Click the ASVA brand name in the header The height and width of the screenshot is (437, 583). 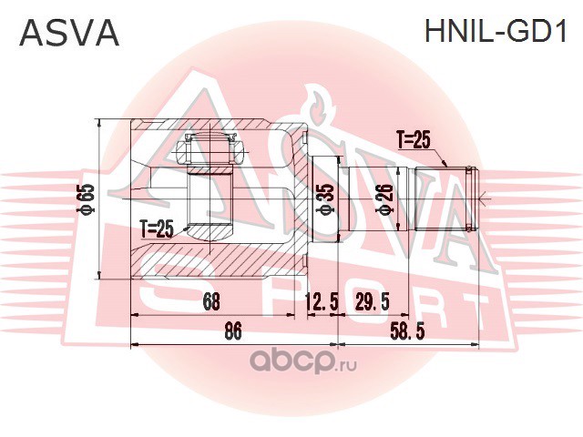69,32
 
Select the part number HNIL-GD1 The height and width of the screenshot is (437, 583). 496,31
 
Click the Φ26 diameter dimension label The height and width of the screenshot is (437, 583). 385,199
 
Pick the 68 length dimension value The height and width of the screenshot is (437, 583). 210,301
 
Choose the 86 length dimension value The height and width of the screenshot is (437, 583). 233,330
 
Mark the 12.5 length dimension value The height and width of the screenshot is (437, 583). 322,301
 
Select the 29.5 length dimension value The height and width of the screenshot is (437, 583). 373,301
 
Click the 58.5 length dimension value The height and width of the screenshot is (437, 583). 407,330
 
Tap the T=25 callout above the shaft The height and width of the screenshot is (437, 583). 414,141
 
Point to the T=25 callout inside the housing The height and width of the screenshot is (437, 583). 158,229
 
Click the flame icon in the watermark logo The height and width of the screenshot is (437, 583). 317,105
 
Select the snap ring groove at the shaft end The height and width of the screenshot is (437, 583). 470,198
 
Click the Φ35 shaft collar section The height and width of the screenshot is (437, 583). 325,199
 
